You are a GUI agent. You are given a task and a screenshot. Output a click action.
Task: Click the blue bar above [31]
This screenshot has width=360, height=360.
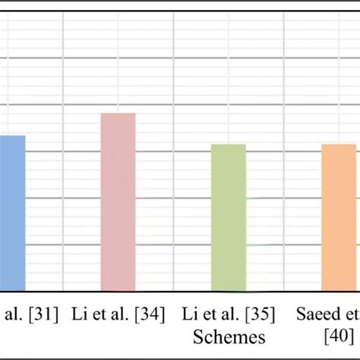click(x=11, y=213)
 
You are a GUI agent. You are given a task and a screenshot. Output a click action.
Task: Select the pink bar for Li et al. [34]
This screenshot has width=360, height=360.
click(x=118, y=202)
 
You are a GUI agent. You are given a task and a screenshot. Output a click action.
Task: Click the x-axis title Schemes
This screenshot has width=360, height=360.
click(x=229, y=337)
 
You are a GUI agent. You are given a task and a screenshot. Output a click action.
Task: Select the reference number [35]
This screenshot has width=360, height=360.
click(x=259, y=313)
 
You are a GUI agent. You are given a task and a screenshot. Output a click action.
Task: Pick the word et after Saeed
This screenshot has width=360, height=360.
click(x=352, y=313)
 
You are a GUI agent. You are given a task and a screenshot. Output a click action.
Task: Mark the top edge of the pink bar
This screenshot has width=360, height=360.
click(x=118, y=114)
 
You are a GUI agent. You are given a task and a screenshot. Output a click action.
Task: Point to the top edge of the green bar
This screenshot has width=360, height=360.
click(x=228, y=144)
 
